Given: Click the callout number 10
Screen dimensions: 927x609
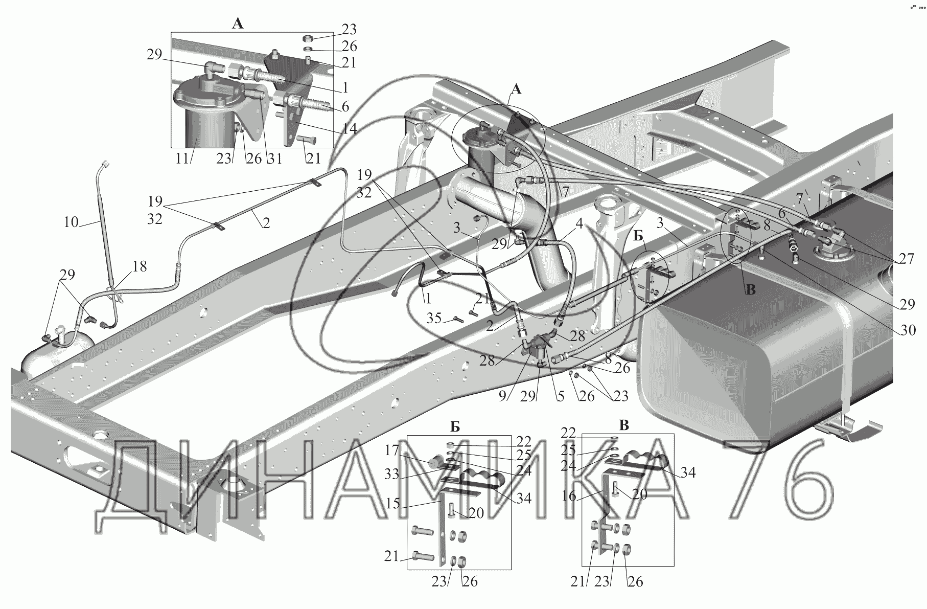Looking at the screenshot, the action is tap(71, 222).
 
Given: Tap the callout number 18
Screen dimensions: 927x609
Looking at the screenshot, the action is tap(139, 266).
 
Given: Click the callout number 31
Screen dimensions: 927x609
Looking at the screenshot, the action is tap(274, 158).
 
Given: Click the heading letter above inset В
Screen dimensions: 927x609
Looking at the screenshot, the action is tap(624, 426).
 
